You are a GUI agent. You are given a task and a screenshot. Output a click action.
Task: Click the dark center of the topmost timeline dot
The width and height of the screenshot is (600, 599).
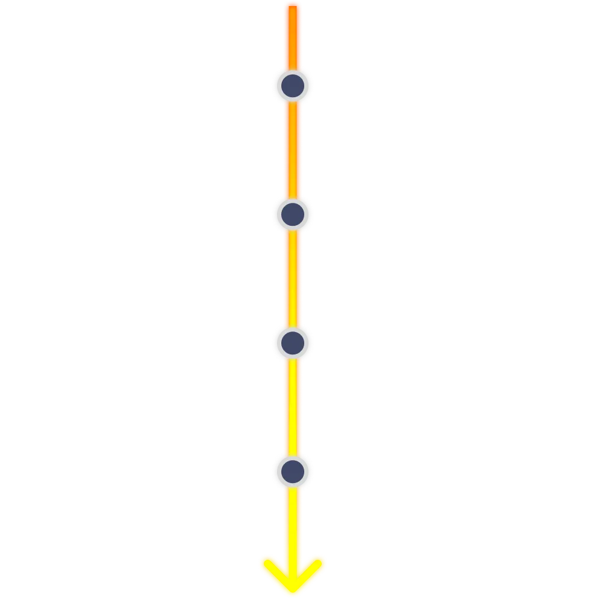tap(292, 85)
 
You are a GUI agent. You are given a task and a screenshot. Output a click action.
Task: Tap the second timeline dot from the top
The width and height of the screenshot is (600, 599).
tap(292, 213)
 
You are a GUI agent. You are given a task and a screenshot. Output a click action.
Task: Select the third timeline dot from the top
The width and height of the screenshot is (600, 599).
tap(292, 342)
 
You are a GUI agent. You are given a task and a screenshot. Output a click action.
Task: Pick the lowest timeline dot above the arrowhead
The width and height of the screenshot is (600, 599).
tap(292, 470)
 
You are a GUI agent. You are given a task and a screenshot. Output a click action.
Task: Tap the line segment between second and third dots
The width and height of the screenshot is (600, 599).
tap(292, 278)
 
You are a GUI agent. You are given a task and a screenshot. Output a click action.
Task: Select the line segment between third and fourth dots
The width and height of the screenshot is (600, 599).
tap(292, 406)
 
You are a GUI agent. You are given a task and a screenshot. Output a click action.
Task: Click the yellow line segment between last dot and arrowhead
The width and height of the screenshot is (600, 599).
tap(292, 519)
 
